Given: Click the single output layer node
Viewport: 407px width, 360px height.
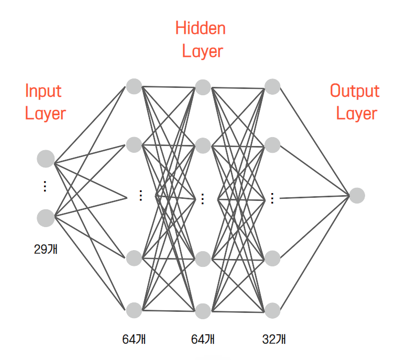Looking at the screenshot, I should (x=357, y=195).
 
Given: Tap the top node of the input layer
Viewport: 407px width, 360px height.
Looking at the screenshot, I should (x=46, y=158).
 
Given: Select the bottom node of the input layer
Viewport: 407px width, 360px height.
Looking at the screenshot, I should (x=46, y=218).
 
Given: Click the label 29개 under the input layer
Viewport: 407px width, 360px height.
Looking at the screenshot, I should (x=46, y=249).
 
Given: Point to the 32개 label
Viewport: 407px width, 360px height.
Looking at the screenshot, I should (x=273, y=339).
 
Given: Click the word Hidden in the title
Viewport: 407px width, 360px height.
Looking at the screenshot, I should (x=201, y=28).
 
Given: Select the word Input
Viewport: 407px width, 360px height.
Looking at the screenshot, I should (x=43, y=91).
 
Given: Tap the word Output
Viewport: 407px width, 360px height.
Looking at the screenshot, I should (x=355, y=91).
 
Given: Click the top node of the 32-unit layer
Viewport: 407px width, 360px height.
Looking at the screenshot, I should (x=272, y=86).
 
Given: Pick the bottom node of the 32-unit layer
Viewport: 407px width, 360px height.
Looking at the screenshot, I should (x=272, y=310).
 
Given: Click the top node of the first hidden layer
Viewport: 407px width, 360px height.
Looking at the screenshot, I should (x=134, y=85).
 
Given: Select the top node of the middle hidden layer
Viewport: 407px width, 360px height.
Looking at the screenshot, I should (x=203, y=87).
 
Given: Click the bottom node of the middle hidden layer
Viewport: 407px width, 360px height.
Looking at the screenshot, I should (x=203, y=311).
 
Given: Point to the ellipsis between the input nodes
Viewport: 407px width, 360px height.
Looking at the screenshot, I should (x=46, y=186).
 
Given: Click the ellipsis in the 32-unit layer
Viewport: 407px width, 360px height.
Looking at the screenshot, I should (x=272, y=198).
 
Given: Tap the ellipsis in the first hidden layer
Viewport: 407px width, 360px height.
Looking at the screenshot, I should (x=140, y=196).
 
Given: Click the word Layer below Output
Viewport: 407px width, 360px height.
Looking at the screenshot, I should (x=357, y=114).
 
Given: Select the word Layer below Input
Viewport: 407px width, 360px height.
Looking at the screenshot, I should (x=46, y=114).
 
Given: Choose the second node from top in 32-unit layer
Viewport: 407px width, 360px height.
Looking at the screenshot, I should (x=272, y=145).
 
